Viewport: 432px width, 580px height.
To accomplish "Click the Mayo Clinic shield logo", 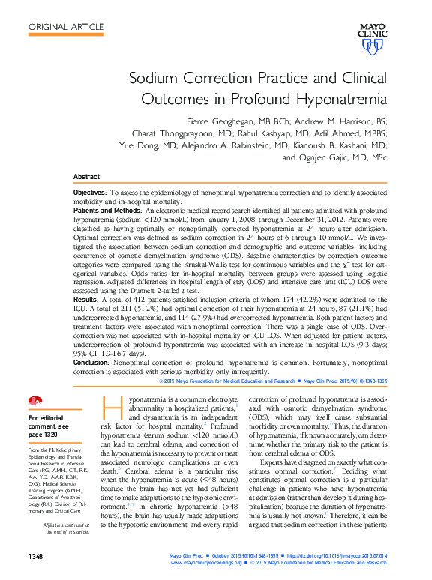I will [371, 46].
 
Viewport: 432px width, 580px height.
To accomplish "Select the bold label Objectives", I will [89, 193].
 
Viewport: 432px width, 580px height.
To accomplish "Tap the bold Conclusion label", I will [92, 361].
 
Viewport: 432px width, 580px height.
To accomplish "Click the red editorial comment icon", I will [33, 402].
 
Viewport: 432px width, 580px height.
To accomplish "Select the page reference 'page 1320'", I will [42, 434].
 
